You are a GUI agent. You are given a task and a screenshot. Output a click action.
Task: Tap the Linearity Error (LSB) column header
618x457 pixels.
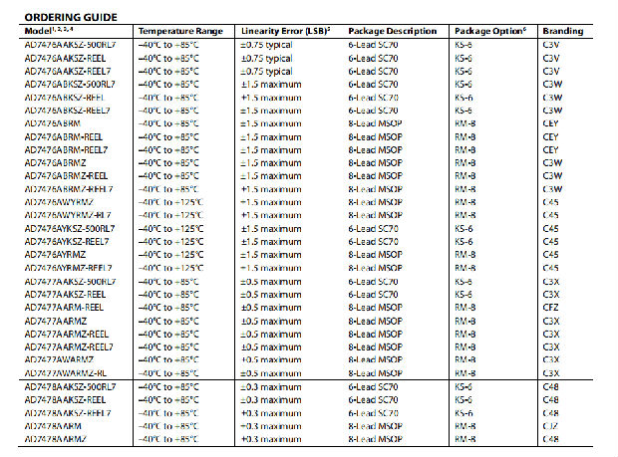coord(282,32)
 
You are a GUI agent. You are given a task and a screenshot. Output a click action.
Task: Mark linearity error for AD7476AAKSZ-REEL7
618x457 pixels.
coord(266,72)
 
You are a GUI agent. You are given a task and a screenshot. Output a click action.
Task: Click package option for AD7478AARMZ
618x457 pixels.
coord(463,437)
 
